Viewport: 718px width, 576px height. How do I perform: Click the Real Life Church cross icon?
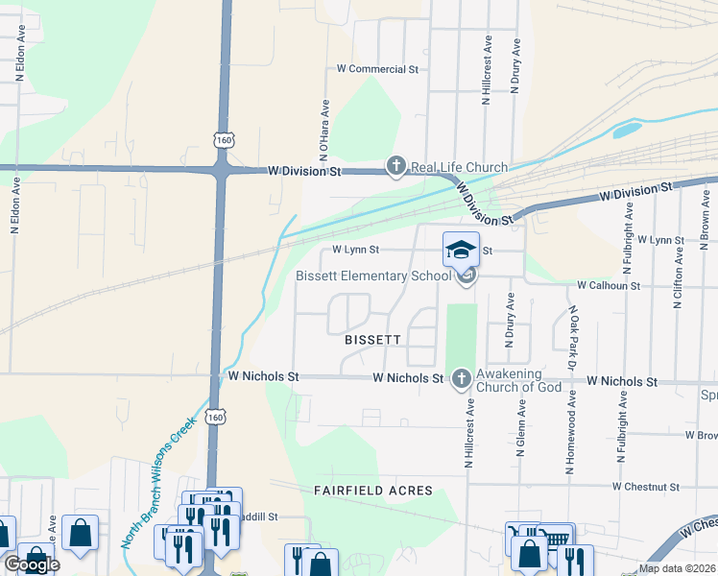click(395, 167)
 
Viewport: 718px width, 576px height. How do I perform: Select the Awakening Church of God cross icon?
click(461, 379)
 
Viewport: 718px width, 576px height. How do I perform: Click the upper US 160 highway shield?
click(224, 140)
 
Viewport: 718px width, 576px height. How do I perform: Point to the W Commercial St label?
click(378, 69)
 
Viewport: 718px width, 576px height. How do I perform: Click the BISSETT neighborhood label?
click(371, 340)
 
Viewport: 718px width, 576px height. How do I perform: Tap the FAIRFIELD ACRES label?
click(372, 491)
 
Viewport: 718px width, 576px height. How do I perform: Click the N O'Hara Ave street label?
click(324, 130)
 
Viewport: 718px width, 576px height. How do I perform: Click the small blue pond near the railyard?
click(627, 129)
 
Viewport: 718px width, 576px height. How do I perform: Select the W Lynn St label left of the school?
click(356, 250)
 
